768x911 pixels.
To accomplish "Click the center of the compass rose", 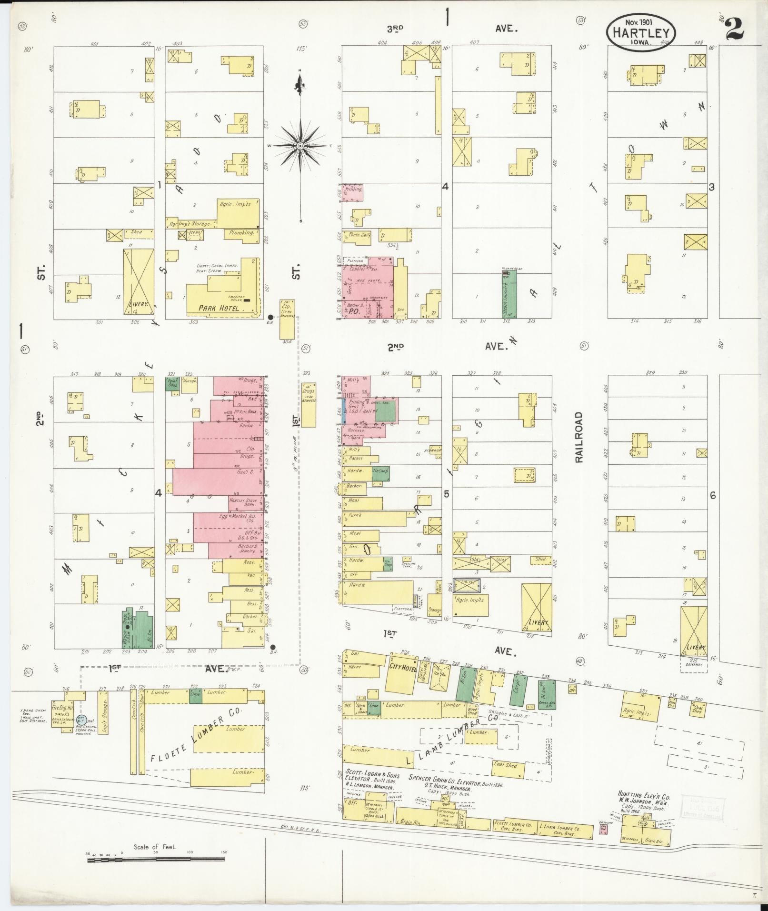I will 300,145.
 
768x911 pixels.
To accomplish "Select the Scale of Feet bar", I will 156,860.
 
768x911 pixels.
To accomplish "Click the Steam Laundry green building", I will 508,294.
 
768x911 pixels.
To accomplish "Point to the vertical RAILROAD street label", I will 579,437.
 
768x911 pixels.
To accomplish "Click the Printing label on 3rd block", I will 353,189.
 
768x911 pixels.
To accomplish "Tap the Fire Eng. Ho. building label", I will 63,709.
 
